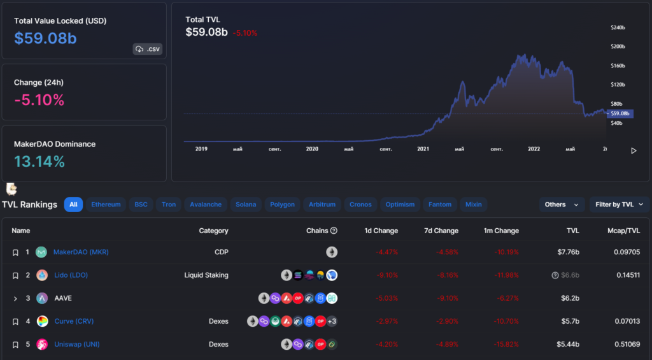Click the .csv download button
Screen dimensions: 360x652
tap(147, 49)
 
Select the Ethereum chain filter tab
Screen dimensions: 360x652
tap(106, 205)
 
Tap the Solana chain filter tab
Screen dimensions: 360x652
tap(246, 205)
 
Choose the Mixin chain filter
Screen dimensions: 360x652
tap(473, 205)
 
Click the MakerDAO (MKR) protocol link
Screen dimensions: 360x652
tap(81, 252)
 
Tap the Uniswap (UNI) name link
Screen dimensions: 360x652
tap(76, 344)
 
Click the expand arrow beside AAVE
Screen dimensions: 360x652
tap(15, 298)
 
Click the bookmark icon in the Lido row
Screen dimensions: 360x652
tap(15, 275)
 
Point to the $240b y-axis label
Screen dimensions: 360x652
tap(618, 28)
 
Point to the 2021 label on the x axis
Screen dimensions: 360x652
tap(423, 149)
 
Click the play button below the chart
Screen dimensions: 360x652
tap(633, 151)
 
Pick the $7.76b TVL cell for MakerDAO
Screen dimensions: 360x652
tap(568, 252)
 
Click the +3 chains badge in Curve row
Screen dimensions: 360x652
tap(332, 321)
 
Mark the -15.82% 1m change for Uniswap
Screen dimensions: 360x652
tap(506, 344)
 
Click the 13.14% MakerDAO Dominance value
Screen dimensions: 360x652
tap(39, 162)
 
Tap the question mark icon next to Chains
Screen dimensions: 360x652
tap(334, 231)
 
